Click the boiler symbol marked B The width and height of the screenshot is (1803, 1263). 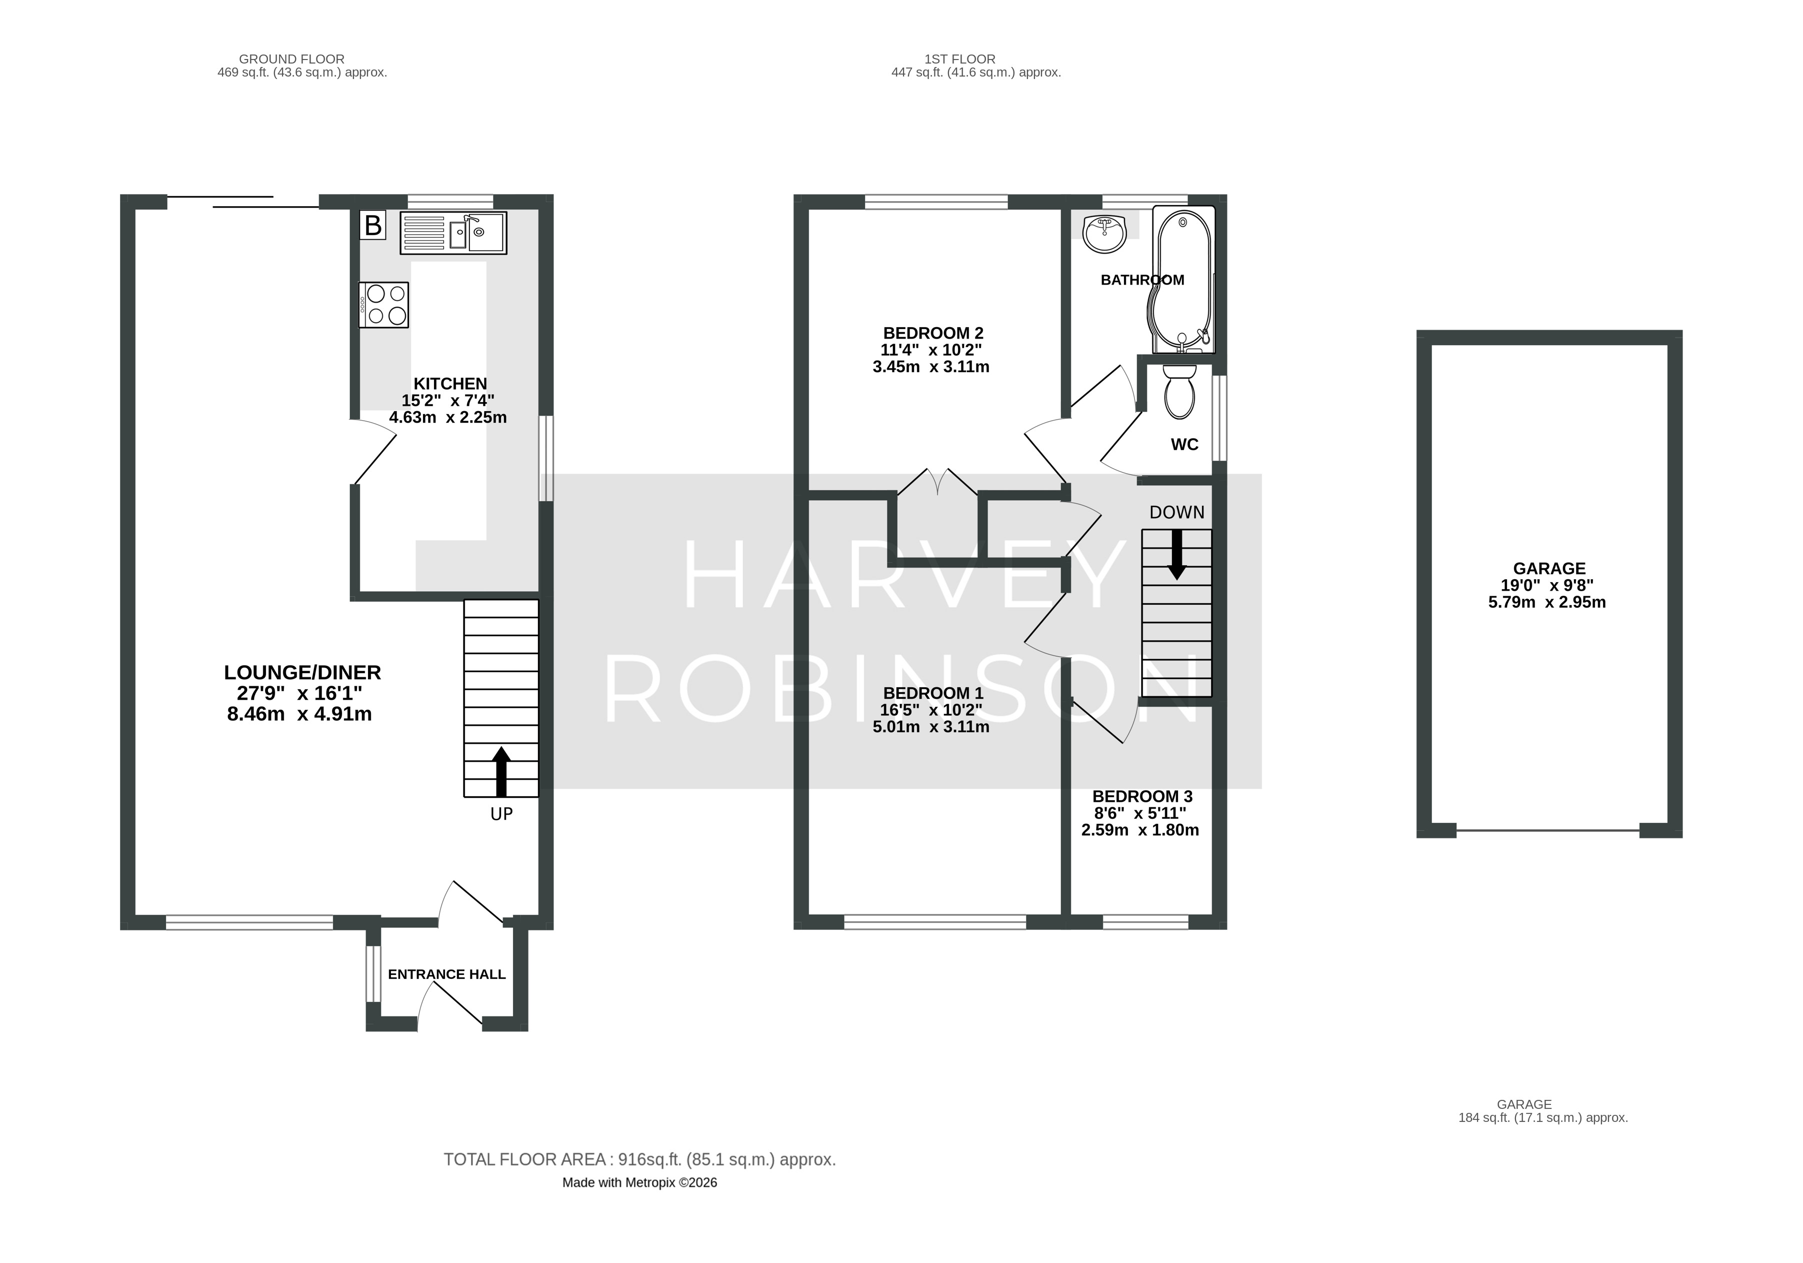[373, 226]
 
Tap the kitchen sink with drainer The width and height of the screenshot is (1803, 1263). [453, 233]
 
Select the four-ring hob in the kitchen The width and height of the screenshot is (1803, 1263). [384, 305]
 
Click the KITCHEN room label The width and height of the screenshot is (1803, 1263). [450, 383]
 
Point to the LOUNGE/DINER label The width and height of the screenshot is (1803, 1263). [302, 672]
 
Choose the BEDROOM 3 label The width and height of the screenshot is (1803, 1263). [1142, 796]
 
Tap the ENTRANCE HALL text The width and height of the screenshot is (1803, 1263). [447, 974]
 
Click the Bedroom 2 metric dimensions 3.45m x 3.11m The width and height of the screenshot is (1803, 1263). [930, 367]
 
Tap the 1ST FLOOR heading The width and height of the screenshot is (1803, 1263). [959, 59]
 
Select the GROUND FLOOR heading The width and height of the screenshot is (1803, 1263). [291, 59]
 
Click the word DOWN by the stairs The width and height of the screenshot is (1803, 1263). [1176, 512]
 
